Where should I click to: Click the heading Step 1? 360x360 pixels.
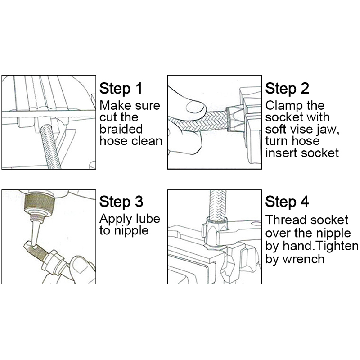pyautogui.click(x=121, y=89)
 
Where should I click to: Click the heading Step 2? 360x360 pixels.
pyautogui.click(x=287, y=89)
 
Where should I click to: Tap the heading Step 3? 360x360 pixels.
pyautogui.click(x=121, y=202)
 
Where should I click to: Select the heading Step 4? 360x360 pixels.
pyautogui.click(x=287, y=202)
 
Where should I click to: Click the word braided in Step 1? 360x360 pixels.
pyautogui.click(x=121, y=129)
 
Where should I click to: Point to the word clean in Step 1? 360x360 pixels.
pyautogui.click(x=147, y=141)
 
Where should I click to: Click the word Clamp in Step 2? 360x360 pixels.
pyautogui.click(x=283, y=106)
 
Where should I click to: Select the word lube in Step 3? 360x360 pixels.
pyautogui.click(x=148, y=219)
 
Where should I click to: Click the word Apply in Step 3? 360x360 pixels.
pyautogui.click(x=116, y=220)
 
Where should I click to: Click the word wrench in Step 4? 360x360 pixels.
pyautogui.click(x=303, y=259)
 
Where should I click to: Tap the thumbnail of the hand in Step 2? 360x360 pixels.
pyautogui.click(x=195, y=108)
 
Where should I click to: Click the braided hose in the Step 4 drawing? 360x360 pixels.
pyautogui.click(x=218, y=206)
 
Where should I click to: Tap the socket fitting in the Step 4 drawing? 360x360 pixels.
pyautogui.click(x=216, y=232)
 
